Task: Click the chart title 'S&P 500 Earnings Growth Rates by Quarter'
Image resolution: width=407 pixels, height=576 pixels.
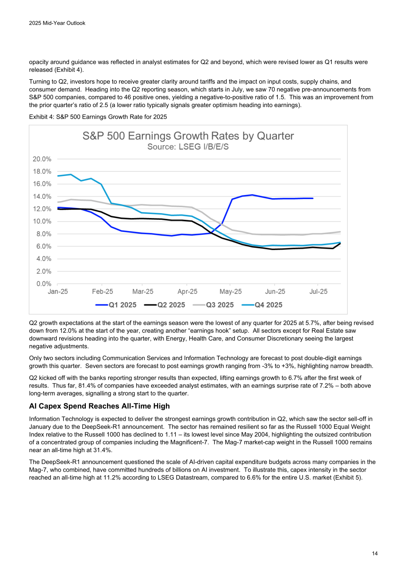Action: pyautogui.click(x=188, y=136)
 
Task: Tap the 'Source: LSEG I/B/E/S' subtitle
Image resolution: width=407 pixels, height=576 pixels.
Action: pyautogui.click(x=188, y=147)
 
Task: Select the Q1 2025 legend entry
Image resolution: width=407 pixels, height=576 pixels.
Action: pyautogui.click(x=116, y=305)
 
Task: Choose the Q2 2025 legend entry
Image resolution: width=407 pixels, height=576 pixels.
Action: pyautogui.click(x=165, y=305)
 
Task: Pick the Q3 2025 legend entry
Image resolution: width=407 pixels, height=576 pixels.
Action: pyautogui.click(x=213, y=305)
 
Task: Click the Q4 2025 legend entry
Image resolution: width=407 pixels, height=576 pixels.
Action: pyautogui.click(x=262, y=305)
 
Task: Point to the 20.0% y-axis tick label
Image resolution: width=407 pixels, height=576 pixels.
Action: pyautogui.click(x=42, y=159)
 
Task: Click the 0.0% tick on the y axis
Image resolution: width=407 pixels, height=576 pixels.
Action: pyautogui.click(x=44, y=284)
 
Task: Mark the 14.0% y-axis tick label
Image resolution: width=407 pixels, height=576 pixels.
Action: pyautogui.click(x=42, y=196)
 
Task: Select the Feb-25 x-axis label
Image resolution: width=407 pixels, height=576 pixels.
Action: pyautogui.click(x=102, y=292)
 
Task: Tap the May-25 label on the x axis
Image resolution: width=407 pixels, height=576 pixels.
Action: pyautogui.click(x=230, y=292)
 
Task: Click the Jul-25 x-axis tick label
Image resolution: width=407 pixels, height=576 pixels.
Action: pyautogui.click(x=318, y=292)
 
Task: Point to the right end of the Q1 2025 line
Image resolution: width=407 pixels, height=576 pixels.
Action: pyautogui.click(x=313, y=198)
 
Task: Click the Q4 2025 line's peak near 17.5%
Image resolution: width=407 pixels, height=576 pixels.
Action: pyautogui.click(x=71, y=175)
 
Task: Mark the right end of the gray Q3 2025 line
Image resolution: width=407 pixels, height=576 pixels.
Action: pyautogui.click(x=340, y=232)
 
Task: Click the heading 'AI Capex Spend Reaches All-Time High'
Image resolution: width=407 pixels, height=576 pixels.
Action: pyautogui.click(x=99, y=406)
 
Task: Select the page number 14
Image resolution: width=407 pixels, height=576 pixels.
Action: pyautogui.click(x=375, y=553)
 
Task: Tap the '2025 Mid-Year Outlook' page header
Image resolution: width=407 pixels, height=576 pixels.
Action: pyautogui.click(x=57, y=23)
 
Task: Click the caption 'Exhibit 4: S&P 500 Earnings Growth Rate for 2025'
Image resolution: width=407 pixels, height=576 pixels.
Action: pyautogui.click(x=98, y=117)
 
